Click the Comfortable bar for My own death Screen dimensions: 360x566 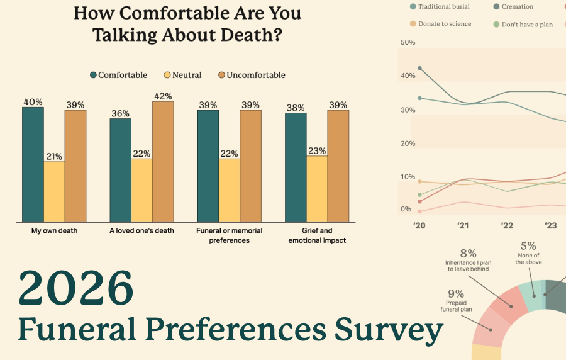tap(33, 164)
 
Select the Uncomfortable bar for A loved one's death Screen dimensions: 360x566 tap(163, 161)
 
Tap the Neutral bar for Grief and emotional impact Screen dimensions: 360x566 tap(317, 188)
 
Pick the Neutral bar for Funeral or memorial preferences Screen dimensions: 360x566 tap(229, 189)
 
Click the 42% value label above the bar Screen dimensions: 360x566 tap(163, 96)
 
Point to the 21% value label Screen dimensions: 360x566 tap(53, 157)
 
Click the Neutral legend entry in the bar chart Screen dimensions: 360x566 tap(183, 75)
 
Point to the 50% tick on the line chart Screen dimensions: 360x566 tap(408, 42)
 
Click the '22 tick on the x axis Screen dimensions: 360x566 tap(507, 226)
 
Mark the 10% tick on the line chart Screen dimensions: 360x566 tap(408, 177)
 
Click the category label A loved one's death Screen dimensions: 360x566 tap(141, 231)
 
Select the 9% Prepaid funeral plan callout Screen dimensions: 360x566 tap(456, 300)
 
